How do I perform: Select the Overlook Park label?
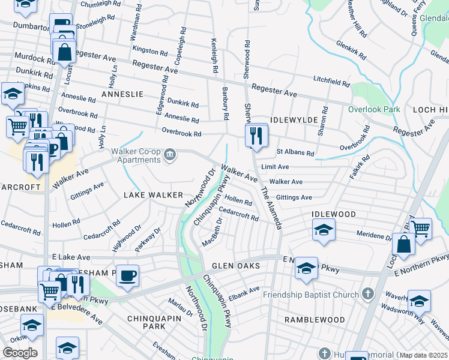(374, 110)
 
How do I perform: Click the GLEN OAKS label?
(235, 266)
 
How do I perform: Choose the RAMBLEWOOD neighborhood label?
(315, 320)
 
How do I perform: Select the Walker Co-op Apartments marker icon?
(170, 155)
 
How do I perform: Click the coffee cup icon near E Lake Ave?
(127, 275)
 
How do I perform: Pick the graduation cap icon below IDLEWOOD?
(324, 230)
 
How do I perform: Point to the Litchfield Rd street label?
(331, 81)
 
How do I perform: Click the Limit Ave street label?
(276, 166)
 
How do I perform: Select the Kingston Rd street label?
(150, 52)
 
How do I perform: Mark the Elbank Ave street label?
(244, 293)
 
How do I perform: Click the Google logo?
(20, 353)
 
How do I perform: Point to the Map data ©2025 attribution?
(423, 355)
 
